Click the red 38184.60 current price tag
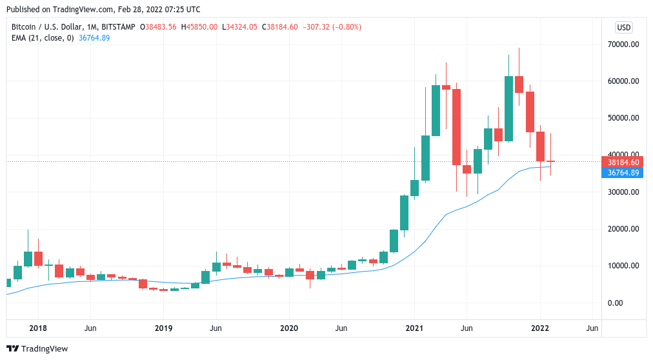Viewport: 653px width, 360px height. pyautogui.click(x=623, y=162)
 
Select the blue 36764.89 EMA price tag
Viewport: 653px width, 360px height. pyautogui.click(x=623, y=172)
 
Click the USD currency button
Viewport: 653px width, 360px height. pyautogui.click(x=624, y=27)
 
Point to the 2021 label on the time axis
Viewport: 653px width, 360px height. pyautogui.click(x=414, y=328)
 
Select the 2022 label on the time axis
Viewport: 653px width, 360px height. pyautogui.click(x=540, y=328)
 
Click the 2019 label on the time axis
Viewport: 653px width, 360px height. pyautogui.click(x=164, y=328)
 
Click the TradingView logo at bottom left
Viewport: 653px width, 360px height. pyautogui.click(x=38, y=349)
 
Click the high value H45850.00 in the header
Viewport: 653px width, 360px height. pyautogui.click(x=200, y=27)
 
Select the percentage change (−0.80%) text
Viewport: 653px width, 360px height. pyautogui.click(x=343, y=27)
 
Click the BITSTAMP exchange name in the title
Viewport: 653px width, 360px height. pyautogui.click(x=120, y=27)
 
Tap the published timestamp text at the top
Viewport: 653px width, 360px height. pyautogui.click(x=103, y=10)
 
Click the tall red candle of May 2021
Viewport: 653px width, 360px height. pyautogui.click(x=456, y=126)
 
